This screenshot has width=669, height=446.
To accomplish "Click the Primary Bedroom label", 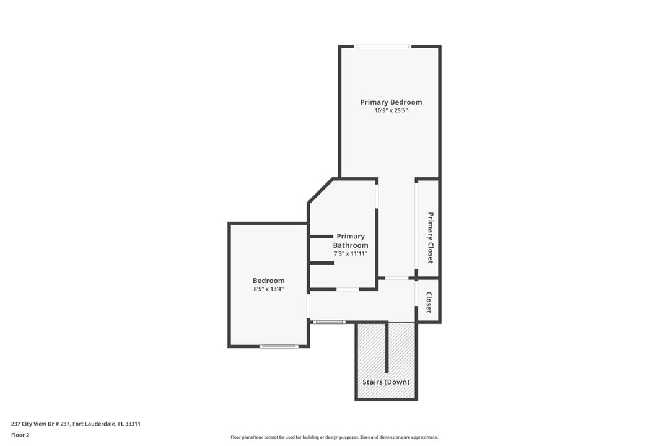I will (391, 102).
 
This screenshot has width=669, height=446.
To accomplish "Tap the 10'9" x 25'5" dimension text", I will (391, 111).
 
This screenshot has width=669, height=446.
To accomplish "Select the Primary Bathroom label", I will (351, 240).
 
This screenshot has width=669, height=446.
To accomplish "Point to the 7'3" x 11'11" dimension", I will (351, 253).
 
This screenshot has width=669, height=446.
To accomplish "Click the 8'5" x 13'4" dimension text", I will (268, 289).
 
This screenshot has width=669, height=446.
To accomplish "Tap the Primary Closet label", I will (430, 238).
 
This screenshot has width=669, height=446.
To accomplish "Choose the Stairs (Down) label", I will (386, 382).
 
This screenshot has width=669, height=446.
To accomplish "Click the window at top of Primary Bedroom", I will (382, 46).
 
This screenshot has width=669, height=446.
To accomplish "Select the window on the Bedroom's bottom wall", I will (279, 346).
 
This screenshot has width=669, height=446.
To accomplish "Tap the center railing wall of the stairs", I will (387, 346).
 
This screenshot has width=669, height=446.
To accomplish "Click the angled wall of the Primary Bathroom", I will (321, 191).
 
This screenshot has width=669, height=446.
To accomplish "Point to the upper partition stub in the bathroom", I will (321, 236).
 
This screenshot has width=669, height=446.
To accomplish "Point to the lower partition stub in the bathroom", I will (322, 263).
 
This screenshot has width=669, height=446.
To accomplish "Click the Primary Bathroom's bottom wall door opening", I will (348, 289).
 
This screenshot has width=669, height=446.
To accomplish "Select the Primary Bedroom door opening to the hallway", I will (396, 278).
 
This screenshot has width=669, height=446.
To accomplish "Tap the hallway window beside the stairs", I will (328, 322).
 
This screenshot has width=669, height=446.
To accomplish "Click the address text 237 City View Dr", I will (76, 424).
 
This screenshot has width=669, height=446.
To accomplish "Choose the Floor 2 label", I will (20, 435).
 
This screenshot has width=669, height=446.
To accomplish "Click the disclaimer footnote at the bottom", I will (334, 437).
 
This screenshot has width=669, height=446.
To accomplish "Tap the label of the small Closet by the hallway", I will (429, 302).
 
